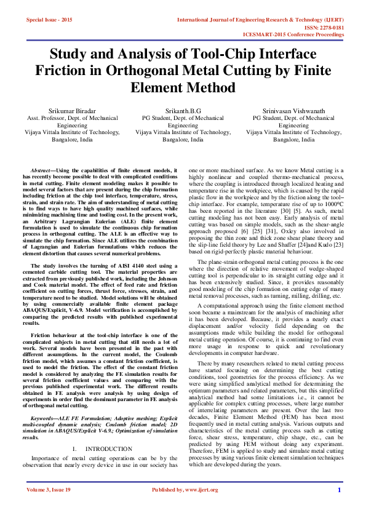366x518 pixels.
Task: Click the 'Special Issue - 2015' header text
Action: [x=49, y=20]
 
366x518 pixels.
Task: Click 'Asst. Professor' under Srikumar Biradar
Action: [x=47, y=118]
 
